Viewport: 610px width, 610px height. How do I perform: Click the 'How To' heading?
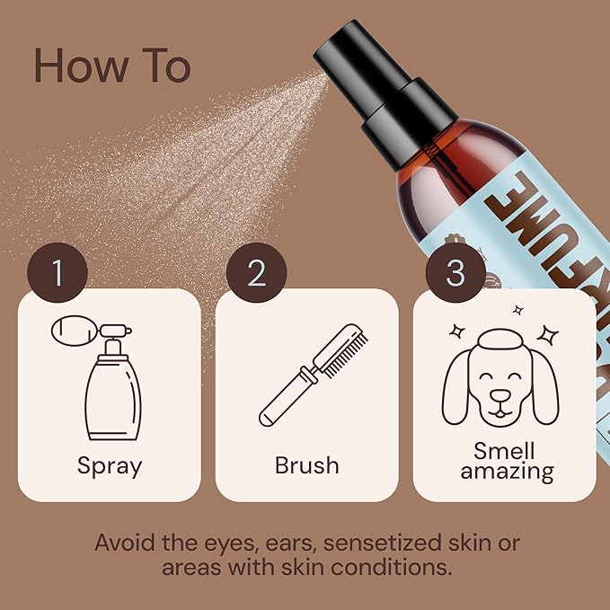click(x=112, y=66)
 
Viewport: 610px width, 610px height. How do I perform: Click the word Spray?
click(x=109, y=465)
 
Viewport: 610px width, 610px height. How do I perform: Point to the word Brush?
click(x=306, y=465)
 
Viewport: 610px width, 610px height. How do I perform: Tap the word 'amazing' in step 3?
click(x=507, y=472)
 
